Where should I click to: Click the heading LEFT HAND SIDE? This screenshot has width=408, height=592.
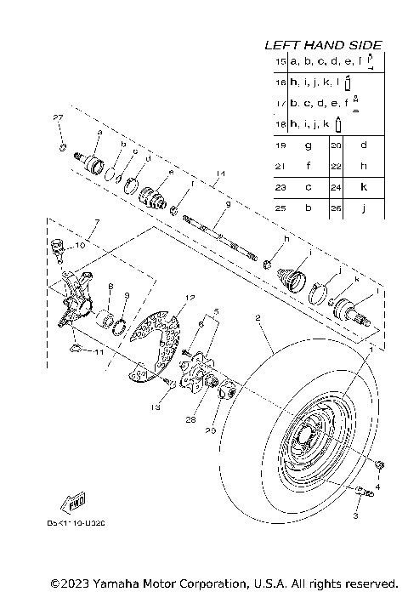pos(322,44)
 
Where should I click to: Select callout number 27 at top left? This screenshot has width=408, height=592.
pos(58,117)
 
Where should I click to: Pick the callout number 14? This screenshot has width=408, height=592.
pos(219,174)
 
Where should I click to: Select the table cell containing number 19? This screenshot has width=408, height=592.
pos(280,145)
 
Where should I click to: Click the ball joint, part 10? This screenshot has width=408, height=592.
pos(58,246)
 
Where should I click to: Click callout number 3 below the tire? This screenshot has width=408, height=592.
pos(355,515)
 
